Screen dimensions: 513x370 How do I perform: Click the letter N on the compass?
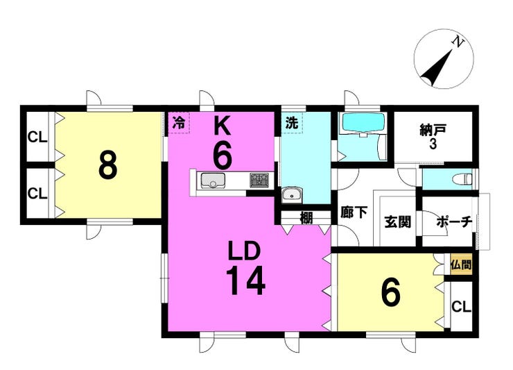(x=458, y=42)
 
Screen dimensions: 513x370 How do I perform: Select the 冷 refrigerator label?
(x=179, y=123)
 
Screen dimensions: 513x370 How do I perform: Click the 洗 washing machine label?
(x=292, y=123)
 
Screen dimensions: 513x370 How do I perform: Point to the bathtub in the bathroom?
(x=363, y=124)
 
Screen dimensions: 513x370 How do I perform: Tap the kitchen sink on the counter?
(x=213, y=180)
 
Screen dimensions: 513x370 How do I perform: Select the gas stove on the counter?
(x=259, y=180)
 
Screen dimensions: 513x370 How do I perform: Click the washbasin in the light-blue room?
(x=293, y=194)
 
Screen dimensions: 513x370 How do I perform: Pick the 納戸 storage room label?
(x=433, y=131)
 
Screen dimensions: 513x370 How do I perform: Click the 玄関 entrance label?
(x=397, y=223)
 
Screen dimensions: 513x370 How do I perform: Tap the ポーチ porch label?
(x=455, y=222)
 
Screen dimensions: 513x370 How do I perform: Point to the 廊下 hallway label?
(x=354, y=212)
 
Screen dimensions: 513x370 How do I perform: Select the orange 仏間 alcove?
(x=461, y=264)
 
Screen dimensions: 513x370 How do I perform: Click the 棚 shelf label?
(x=306, y=218)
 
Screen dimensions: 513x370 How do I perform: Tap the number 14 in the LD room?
(x=245, y=280)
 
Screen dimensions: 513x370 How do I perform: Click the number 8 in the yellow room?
(x=108, y=165)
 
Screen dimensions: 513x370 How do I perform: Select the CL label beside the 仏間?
(x=461, y=307)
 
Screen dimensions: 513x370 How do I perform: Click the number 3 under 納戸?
(x=433, y=144)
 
